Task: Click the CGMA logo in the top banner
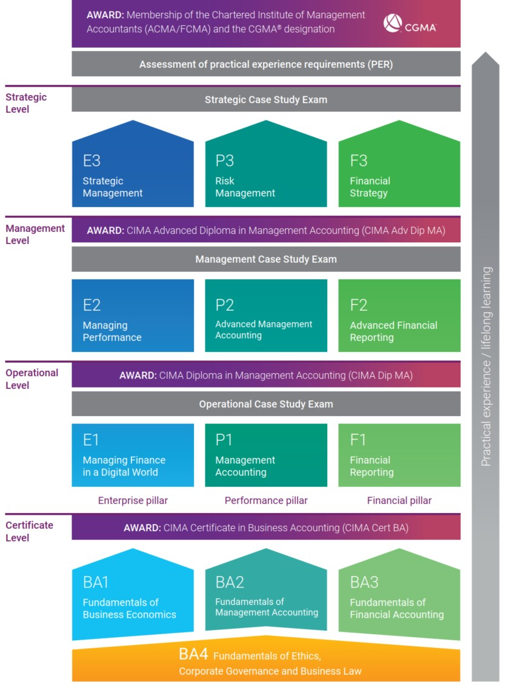click(x=410, y=24)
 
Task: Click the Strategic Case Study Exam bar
click(x=266, y=99)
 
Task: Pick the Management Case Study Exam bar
click(x=266, y=259)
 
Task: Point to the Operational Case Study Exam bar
click(x=266, y=404)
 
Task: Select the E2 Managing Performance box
click(x=133, y=316)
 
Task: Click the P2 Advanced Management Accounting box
click(x=266, y=316)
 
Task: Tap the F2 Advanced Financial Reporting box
click(x=399, y=316)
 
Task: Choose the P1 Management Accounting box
click(x=266, y=455)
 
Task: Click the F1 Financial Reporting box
click(x=399, y=455)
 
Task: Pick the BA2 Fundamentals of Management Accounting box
click(x=266, y=597)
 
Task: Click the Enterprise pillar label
click(x=133, y=501)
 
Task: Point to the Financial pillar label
click(x=399, y=501)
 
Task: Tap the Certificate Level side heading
click(x=30, y=531)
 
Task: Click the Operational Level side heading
click(x=32, y=379)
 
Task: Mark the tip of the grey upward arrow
click(x=486, y=53)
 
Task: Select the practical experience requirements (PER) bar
click(x=266, y=64)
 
